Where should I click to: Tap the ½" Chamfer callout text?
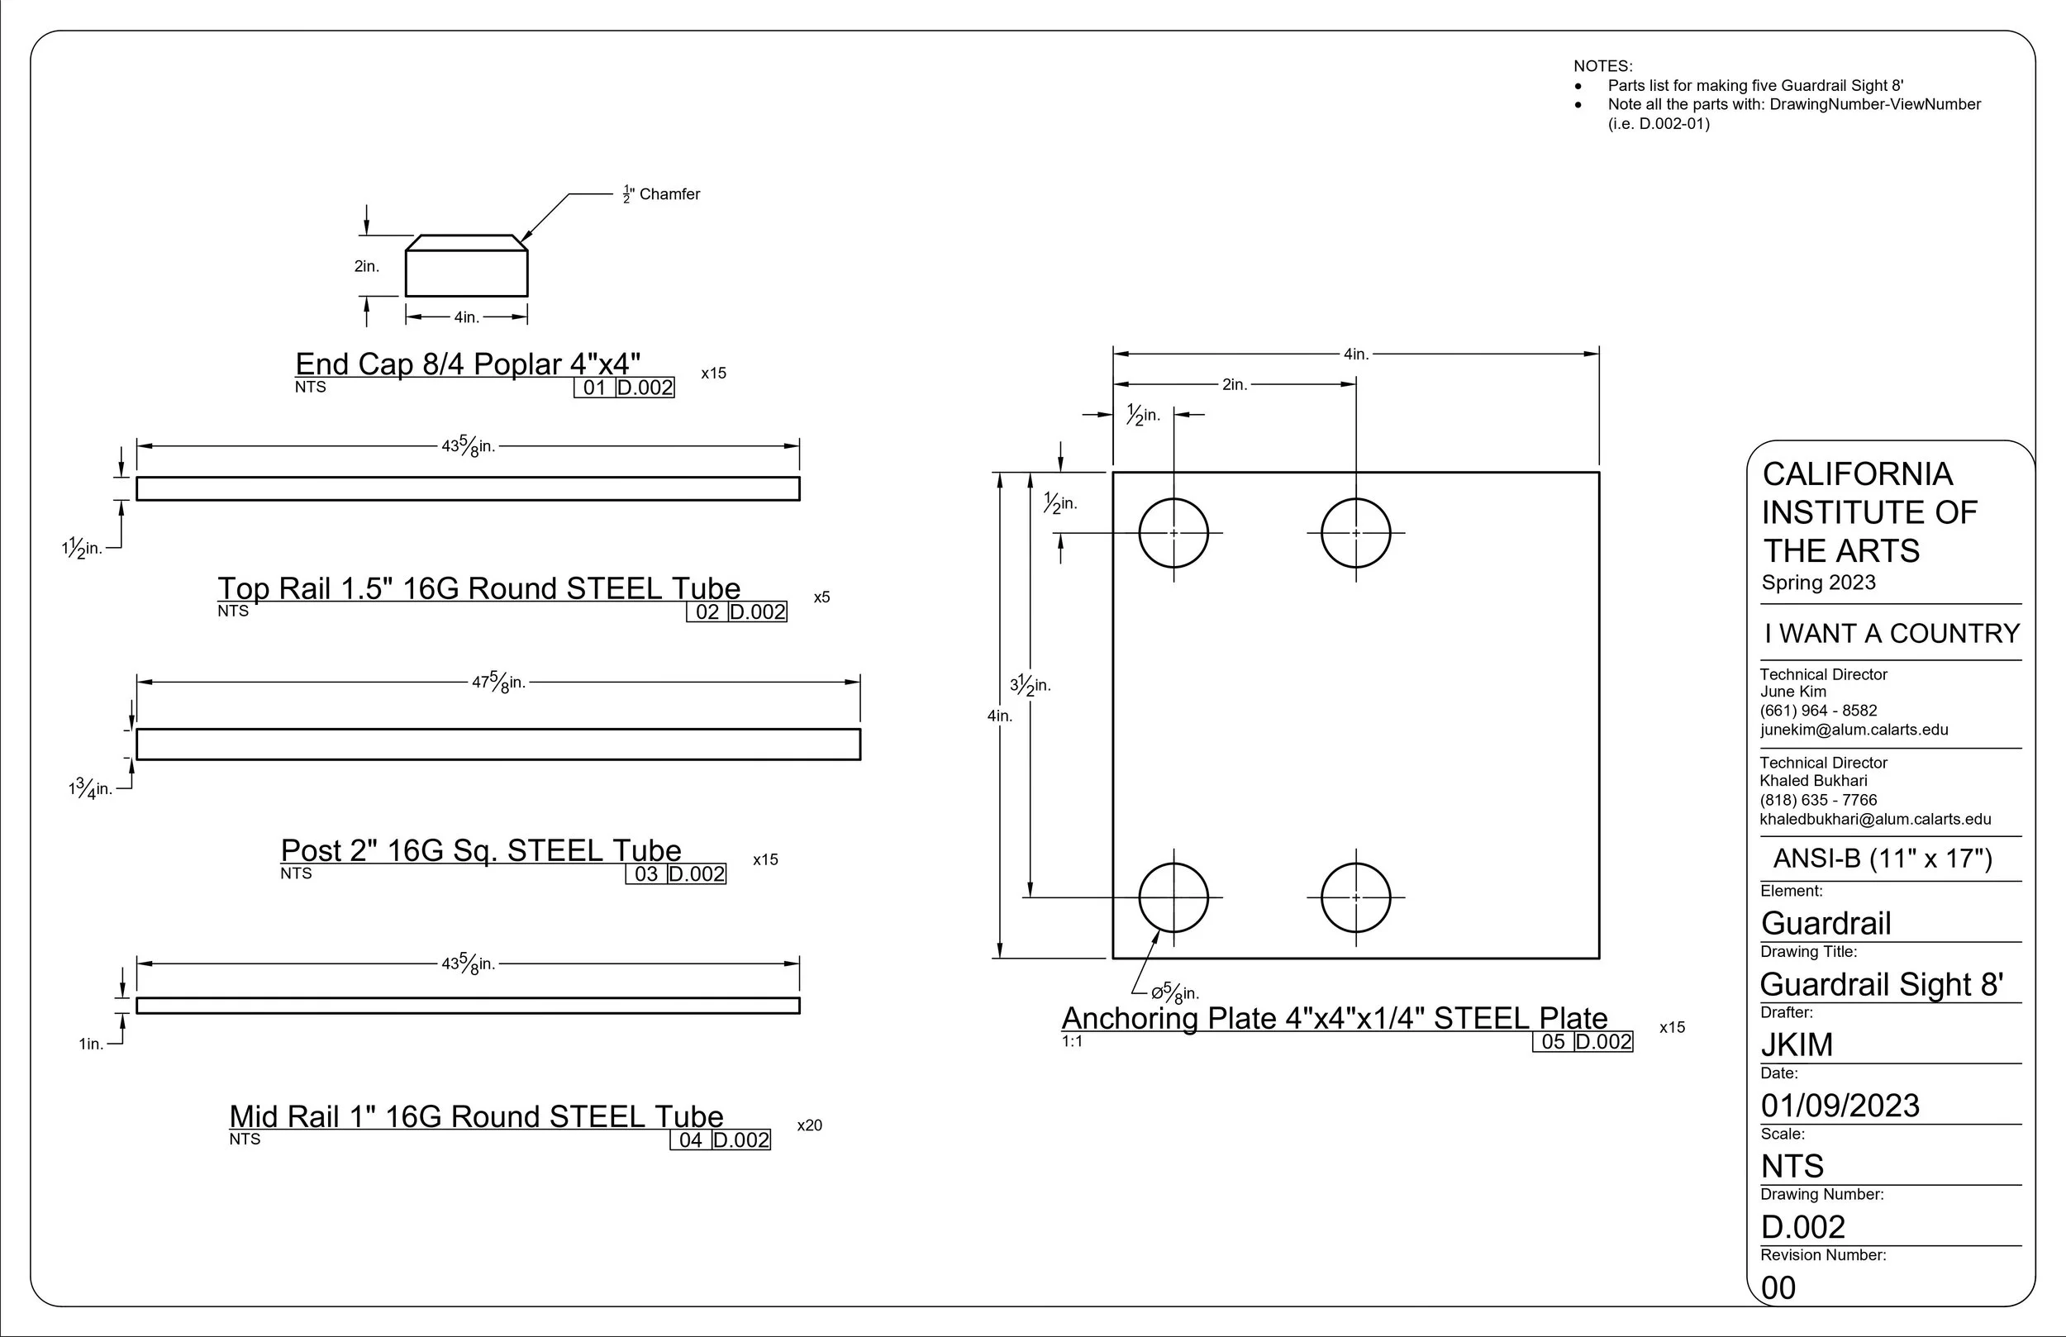click(x=660, y=194)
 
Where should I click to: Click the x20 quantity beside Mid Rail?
click(x=809, y=1125)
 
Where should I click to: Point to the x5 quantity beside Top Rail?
click(x=821, y=597)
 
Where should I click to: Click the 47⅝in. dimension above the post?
click(x=498, y=683)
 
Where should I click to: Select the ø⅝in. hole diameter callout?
click(x=1174, y=992)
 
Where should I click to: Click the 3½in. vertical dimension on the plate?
click(x=1031, y=685)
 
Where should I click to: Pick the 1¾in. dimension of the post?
click(x=90, y=789)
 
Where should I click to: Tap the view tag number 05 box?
click(x=1553, y=1042)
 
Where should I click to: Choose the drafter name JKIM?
click(x=1796, y=1044)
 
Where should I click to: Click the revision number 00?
click(x=1778, y=1287)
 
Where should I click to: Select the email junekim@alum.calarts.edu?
click(x=1854, y=730)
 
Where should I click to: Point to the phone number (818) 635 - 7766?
click(x=1818, y=800)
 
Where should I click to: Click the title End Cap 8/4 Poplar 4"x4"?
click(x=468, y=364)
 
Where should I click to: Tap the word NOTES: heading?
click(x=1602, y=66)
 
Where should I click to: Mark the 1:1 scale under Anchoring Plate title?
click(x=1072, y=1041)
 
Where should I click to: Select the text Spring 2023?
click(x=1818, y=583)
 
